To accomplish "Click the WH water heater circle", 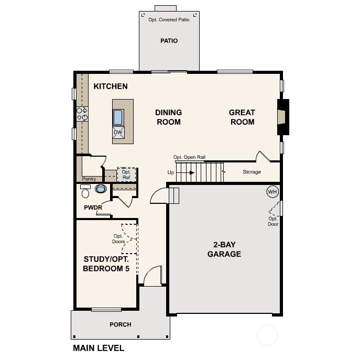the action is pyautogui.click(x=272, y=191).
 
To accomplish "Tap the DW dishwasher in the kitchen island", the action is pyautogui.click(x=118, y=133).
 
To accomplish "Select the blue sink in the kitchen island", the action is pyautogui.click(x=118, y=117).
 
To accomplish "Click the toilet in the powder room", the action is pyautogui.click(x=85, y=191).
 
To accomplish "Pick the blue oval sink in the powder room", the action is pyautogui.click(x=101, y=189).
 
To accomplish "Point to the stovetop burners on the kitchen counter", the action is pyautogui.click(x=82, y=114).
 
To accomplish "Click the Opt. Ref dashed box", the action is pyautogui.click(x=126, y=174).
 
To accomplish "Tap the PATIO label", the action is pyautogui.click(x=169, y=41).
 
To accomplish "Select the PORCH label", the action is pyautogui.click(x=121, y=324).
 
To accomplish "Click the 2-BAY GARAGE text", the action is pyautogui.click(x=224, y=249).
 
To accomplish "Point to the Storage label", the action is pyautogui.click(x=252, y=172).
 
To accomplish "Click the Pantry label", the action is pyautogui.click(x=89, y=179).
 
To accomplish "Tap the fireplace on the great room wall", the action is pyautogui.click(x=282, y=117).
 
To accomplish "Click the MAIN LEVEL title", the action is pyautogui.click(x=99, y=348).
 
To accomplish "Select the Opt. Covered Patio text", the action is pyautogui.click(x=169, y=20).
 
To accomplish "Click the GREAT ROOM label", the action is pyautogui.click(x=242, y=117).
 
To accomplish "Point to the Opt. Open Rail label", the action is pyautogui.click(x=189, y=157).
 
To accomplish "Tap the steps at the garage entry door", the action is pyautogui.click(x=174, y=195).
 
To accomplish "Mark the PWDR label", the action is pyautogui.click(x=93, y=208).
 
